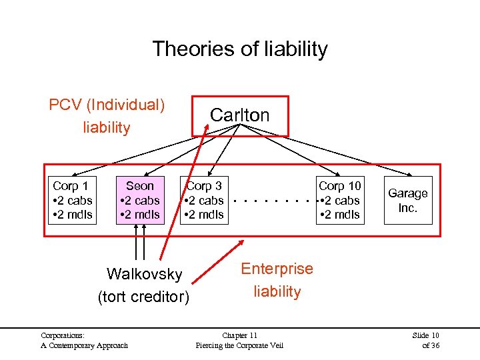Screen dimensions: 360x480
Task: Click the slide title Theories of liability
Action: (x=240, y=49)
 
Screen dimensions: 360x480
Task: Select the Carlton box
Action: (x=240, y=115)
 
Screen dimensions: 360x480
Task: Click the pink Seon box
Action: (x=139, y=200)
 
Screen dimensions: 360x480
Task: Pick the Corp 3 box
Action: (x=204, y=200)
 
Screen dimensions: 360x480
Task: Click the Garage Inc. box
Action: (x=408, y=200)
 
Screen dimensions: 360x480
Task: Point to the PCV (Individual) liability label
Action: (x=107, y=116)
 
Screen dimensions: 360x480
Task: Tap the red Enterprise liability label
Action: (x=277, y=280)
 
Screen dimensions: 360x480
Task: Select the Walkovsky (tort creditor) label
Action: (x=143, y=285)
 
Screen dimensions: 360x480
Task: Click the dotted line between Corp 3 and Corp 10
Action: (x=273, y=200)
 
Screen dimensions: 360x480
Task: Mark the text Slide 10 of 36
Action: (x=426, y=340)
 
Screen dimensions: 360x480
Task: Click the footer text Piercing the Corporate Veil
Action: (x=239, y=345)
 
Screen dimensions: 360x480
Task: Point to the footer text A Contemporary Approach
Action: (x=84, y=345)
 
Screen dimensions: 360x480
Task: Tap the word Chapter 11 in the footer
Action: (x=239, y=335)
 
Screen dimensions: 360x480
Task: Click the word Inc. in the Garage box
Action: (x=408, y=207)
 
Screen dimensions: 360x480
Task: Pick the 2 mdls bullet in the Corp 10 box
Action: (x=341, y=214)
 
